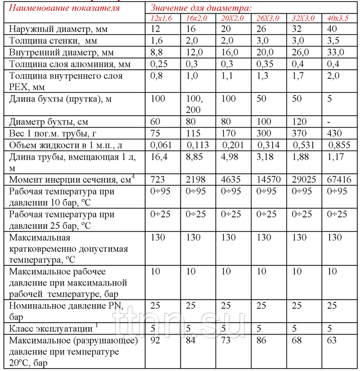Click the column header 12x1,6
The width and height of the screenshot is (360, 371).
pos(161,19)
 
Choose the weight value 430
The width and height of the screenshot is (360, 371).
pos(335,133)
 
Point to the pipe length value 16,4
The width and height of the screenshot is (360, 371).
pos(160,157)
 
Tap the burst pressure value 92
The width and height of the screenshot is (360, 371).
pos(156,341)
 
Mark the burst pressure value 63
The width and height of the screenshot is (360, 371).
pos(332,341)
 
